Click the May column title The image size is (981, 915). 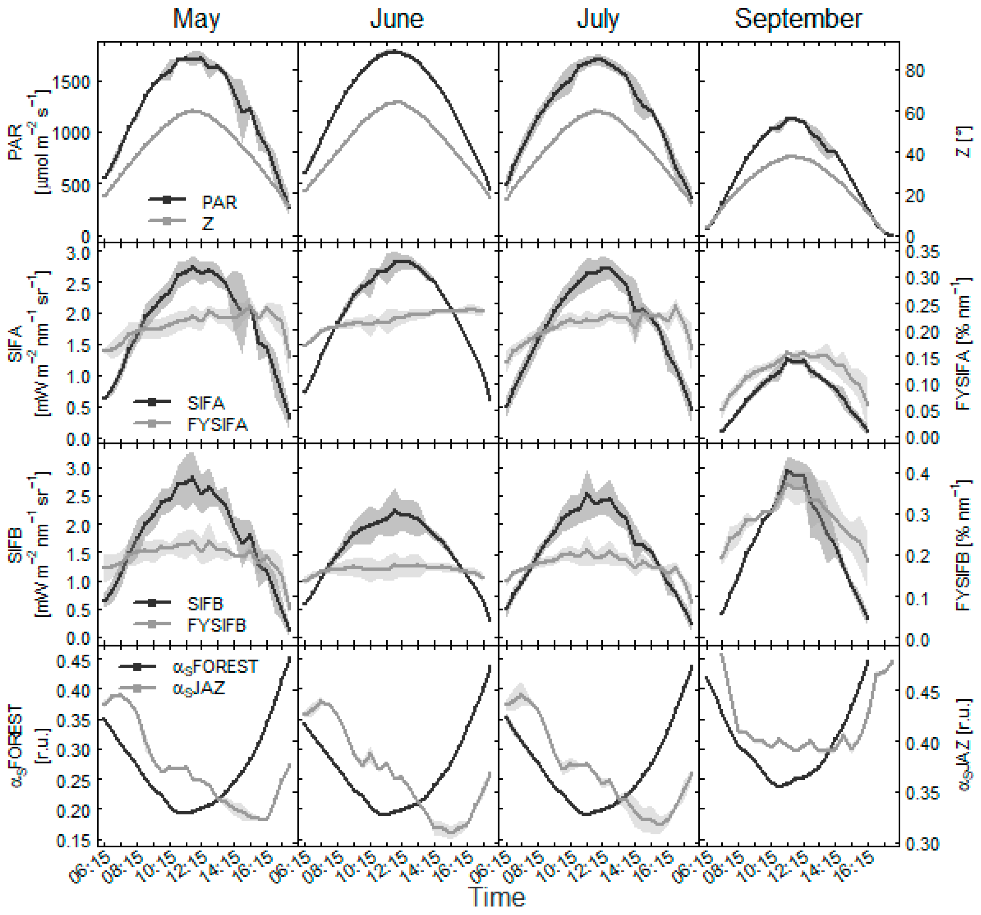coord(196,20)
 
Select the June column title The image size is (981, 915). coord(397,20)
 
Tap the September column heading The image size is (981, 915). coord(798,20)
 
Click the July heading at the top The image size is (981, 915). coord(598,20)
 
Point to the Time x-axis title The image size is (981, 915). coord(497,897)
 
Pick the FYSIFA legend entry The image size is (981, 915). coord(217,425)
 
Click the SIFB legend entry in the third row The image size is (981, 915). coord(205,604)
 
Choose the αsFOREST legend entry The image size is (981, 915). coord(215,667)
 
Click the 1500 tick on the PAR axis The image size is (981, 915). coord(71,82)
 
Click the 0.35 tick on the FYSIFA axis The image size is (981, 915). coord(922,252)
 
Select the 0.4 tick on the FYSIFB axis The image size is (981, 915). coord(918,474)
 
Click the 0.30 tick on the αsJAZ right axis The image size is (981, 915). coord(922,843)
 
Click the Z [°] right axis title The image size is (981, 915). coord(964,143)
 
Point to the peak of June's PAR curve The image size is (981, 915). coord(393,51)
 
